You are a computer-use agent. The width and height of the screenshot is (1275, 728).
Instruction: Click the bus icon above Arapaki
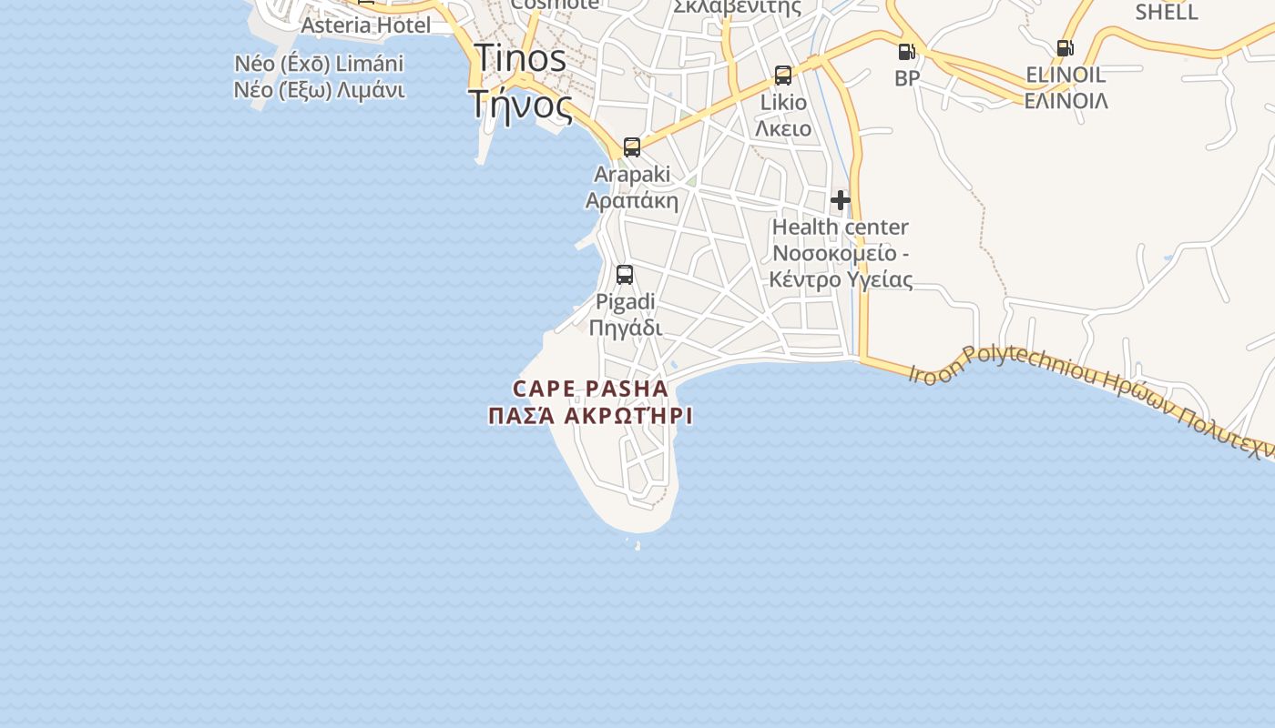point(632,147)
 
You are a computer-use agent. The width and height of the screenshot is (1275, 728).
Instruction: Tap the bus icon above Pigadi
point(625,275)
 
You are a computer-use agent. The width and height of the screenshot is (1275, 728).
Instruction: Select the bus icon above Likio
point(783,76)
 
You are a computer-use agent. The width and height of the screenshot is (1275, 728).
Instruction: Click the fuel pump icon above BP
point(906,52)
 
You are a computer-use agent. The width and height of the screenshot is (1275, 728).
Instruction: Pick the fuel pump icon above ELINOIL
point(1065,48)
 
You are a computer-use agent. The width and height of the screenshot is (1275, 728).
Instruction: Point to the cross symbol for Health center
point(841,200)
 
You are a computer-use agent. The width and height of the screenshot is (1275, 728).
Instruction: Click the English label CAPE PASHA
point(590,389)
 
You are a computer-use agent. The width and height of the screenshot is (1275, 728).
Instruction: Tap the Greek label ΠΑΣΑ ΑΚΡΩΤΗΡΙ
point(590,417)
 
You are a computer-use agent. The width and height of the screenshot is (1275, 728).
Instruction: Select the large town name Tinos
point(520,59)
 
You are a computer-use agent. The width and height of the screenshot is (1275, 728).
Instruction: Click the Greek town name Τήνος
point(521,105)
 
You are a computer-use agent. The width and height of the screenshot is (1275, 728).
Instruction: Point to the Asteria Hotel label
point(365,25)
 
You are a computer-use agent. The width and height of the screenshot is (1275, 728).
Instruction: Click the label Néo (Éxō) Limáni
point(319,65)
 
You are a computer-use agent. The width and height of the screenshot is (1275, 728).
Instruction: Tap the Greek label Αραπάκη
point(632,200)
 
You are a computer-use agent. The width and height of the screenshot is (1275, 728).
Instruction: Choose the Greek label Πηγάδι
point(625,328)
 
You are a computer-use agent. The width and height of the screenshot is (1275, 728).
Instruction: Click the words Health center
point(841,227)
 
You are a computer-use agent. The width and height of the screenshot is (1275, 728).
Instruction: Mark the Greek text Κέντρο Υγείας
point(841,279)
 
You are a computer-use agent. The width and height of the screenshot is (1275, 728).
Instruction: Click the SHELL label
point(1167,13)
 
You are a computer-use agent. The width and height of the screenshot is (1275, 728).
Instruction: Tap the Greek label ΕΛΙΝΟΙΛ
point(1066,101)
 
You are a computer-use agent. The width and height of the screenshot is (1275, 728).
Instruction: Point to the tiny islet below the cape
point(637,545)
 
